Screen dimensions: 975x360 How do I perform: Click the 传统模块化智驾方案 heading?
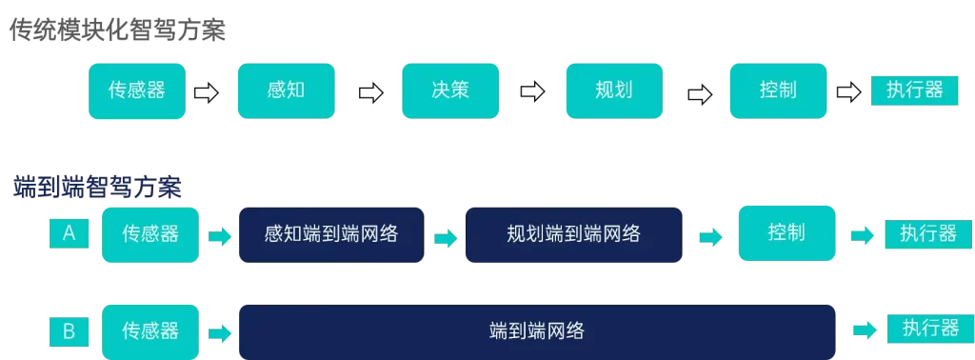117,29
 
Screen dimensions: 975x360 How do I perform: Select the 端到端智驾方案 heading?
98,188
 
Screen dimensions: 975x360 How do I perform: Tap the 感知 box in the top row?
286,90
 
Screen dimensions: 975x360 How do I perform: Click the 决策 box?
450,90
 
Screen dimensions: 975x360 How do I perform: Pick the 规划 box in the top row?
614,90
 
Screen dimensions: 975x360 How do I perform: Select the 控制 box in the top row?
779,90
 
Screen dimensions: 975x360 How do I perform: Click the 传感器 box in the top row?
137,90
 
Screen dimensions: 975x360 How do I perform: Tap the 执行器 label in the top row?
914,90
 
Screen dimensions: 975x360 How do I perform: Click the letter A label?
69,233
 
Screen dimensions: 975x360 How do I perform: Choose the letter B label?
69,331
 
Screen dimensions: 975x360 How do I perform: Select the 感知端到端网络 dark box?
331,234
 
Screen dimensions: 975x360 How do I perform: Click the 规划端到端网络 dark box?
574,234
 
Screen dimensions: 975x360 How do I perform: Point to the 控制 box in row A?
786,233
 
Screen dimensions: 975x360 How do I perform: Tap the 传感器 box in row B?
150,331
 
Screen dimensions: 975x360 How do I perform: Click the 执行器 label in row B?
930,329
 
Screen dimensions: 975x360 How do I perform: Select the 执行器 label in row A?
928,234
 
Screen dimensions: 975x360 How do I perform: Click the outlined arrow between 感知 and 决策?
371,93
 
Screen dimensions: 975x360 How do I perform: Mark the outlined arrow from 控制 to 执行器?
848,92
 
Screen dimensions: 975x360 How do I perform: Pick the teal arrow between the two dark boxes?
446,238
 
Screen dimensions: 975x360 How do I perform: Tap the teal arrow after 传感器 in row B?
220,333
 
